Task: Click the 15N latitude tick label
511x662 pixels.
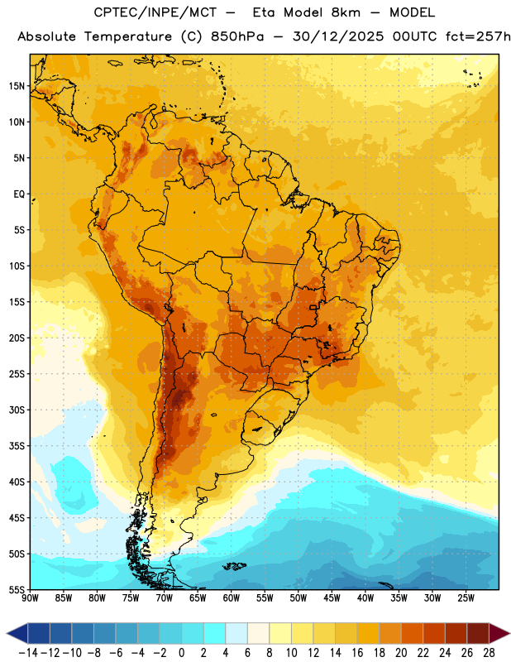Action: coord(17,86)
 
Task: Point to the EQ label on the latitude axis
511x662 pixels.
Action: coord(19,194)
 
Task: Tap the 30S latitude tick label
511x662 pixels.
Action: coord(17,410)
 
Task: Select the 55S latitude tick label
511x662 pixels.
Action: coord(17,590)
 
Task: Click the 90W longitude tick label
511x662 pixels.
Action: coord(30,598)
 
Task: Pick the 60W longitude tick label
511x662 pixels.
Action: coord(232,598)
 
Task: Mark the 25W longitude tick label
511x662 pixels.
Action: coord(466,598)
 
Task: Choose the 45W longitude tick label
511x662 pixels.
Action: coord(332,598)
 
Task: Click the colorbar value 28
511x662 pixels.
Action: coord(489,653)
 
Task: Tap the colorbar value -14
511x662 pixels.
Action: coord(28,653)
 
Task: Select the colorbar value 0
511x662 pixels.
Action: coord(181,653)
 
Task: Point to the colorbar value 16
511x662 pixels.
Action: coord(357,653)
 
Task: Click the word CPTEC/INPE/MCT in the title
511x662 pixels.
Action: coord(155,12)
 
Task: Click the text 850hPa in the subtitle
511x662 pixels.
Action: coord(237,36)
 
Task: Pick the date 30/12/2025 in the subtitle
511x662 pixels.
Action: coord(338,36)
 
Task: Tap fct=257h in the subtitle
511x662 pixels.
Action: coord(478,36)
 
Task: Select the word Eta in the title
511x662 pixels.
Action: coord(263,12)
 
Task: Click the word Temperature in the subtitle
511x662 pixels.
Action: coord(128,36)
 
